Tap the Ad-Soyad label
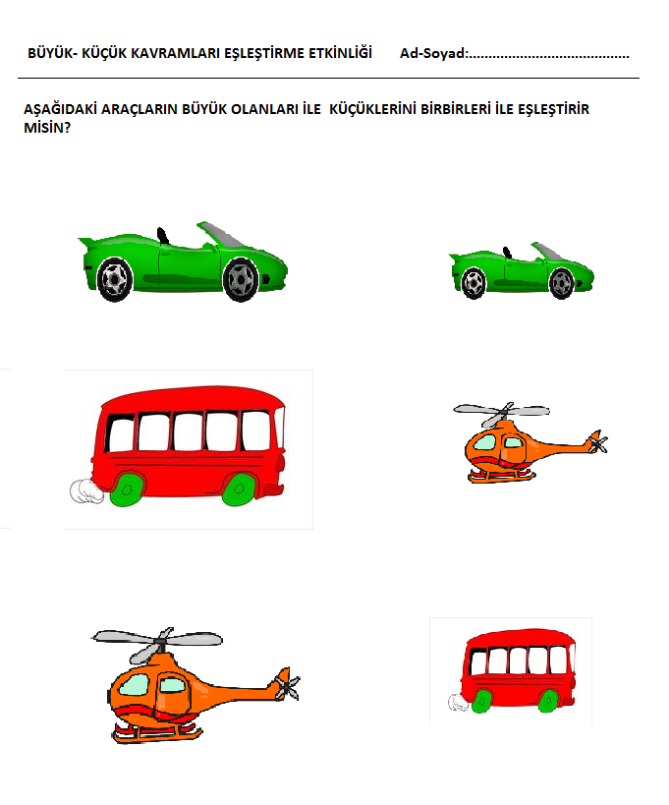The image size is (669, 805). [x=433, y=53]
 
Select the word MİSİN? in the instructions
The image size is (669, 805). [x=47, y=128]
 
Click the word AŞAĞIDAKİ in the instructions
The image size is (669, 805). [x=61, y=109]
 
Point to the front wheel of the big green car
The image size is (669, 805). [x=240, y=279]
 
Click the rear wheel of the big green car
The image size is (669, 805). [x=114, y=279]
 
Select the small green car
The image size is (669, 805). [x=522, y=270]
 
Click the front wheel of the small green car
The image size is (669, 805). [x=561, y=283]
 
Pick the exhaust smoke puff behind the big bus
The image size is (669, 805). [x=86, y=491]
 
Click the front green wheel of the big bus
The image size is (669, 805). [x=239, y=489]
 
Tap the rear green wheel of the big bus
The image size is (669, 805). [x=126, y=489]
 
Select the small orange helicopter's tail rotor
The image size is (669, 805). [x=597, y=442]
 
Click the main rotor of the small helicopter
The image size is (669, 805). [x=501, y=412]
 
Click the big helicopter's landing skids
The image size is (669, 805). [x=157, y=732]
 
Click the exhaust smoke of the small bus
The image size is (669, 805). [x=458, y=703]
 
